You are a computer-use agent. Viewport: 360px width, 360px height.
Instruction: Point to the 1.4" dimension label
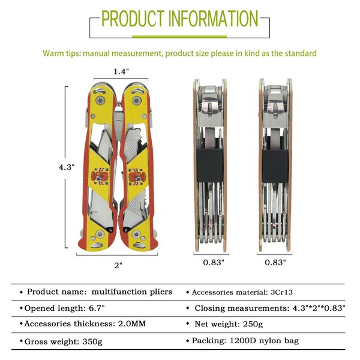121,71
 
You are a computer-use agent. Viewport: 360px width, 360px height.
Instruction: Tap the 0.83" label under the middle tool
214,262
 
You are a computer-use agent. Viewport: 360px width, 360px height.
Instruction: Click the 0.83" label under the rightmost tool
276,262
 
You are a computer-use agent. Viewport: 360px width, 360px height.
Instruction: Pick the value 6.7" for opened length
97,308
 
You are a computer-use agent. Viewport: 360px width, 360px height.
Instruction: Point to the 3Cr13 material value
283,292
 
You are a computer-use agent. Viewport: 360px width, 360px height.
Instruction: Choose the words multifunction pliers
132,292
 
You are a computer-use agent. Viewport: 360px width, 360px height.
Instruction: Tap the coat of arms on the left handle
98,177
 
